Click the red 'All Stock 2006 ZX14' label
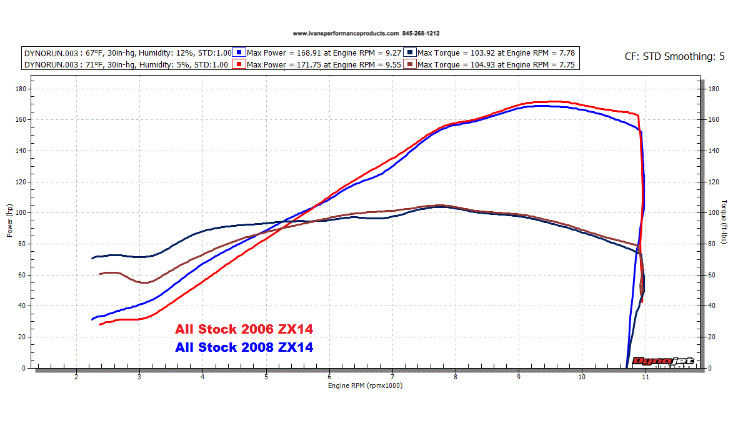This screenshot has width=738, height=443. [x=244, y=329]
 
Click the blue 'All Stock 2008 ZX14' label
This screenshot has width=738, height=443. [x=244, y=347]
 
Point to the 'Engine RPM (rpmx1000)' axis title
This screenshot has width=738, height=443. [x=366, y=386]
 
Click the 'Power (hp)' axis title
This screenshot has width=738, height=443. [x=9, y=221]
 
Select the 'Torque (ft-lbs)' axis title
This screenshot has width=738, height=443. [x=724, y=221]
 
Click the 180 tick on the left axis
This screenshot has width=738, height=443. [x=21, y=89]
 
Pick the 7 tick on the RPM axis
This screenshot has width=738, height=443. [x=392, y=377]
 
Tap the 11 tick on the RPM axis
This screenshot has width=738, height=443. [x=645, y=377]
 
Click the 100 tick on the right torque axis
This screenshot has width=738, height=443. [x=714, y=213]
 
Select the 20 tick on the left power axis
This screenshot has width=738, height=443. [x=22, y=337]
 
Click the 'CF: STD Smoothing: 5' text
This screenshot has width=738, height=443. [x=674, y=56]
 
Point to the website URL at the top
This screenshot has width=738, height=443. [x=345, y=34]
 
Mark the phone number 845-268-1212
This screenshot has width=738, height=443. [x=425, y=34]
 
